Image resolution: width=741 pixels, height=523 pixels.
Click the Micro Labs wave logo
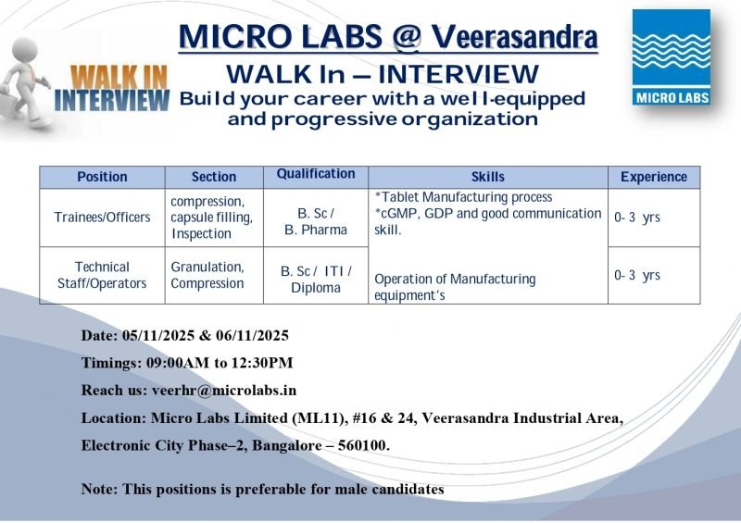point(672,56)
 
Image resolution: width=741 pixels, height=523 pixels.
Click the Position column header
point(102,177)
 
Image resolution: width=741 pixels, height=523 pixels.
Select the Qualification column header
point(316,174)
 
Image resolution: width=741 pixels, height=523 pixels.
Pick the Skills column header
point(488,177)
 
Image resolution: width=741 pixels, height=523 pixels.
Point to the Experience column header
point(653,177)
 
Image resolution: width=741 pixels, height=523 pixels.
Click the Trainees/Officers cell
point(102,218)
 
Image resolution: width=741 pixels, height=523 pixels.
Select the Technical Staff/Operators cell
point(102,275)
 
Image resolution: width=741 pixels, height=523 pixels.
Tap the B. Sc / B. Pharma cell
point(316,221)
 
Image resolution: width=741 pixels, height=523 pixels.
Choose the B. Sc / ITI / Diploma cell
point(316,279)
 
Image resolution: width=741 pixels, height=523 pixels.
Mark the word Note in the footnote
point(98,489)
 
